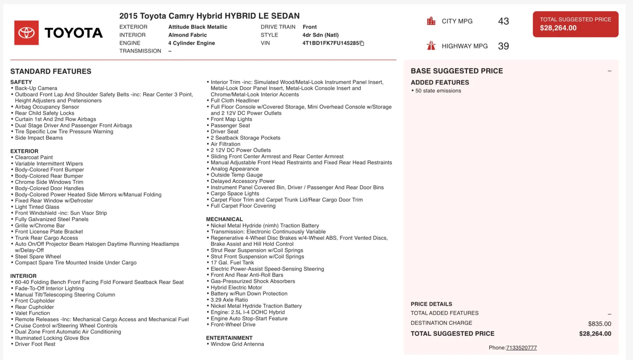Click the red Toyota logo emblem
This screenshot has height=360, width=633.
(x=27, y=33)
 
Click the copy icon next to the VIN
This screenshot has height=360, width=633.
(x=362, y=44)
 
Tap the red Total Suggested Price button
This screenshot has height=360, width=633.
(x=575, y=24)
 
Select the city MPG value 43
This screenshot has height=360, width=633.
(x=503, y=21)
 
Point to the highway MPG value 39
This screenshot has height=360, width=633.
(x=503, y=46)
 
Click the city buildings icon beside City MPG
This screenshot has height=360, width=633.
(x=431, y=21)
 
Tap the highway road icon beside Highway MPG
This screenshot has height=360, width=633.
(x=431, y=46)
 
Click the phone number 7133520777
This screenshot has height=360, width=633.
(x=521, y=348)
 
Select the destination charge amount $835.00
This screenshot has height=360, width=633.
(x=599, y=324)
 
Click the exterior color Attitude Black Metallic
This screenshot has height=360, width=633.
(x=197, y=27)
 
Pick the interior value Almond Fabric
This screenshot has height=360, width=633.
(x=187, y=35)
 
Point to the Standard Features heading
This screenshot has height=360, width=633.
(x=51, y=71)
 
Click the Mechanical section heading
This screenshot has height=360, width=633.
(x=224, y=219)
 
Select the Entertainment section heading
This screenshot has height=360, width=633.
(x=229, y=338)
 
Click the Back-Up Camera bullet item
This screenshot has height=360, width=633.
(x=36, y=88)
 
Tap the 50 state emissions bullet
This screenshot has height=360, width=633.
(x=438, y=91)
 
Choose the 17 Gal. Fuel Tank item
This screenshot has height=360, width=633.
(x=232, y=263)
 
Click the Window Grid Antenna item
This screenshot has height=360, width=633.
(x=237, y=344)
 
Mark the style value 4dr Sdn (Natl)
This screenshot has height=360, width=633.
(x=320, y=35)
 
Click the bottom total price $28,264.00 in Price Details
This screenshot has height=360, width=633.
(x=595, y=333)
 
